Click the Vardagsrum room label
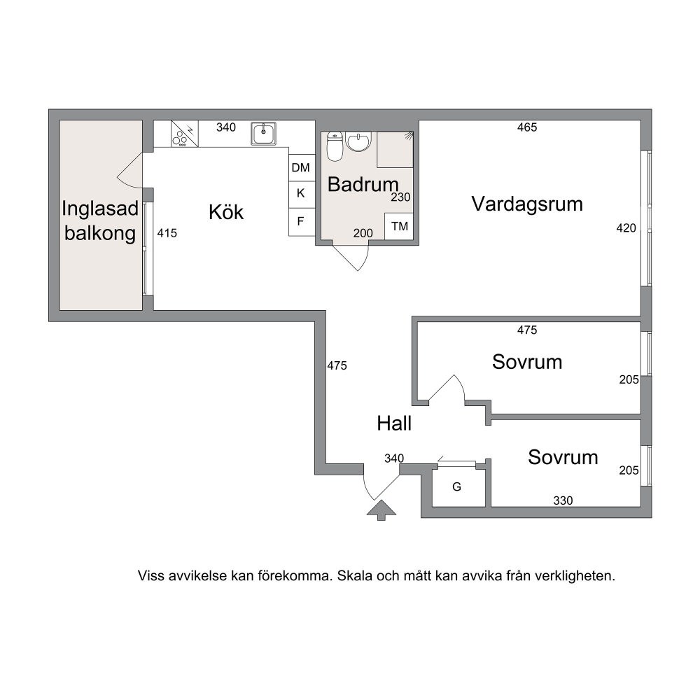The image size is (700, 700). point(527,204)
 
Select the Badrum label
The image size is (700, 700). point(363,184)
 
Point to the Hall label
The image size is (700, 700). point(393,423)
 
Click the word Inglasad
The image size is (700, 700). point(100,209)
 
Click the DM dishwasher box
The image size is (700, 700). point(301,167)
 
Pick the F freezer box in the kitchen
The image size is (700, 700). point(301,221)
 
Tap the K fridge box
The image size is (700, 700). point(301,194)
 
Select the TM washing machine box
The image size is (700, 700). point(399,226)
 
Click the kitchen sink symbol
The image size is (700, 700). point(263,134)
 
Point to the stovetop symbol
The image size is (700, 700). point(184,134)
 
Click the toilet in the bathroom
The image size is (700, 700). point(334,146)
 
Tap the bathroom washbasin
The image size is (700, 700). point(358,141)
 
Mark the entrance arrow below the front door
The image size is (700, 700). point(381,510)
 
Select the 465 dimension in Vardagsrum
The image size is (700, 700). point(527,127)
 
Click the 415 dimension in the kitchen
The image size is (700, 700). point(167,232)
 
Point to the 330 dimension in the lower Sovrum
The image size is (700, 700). point(563,500)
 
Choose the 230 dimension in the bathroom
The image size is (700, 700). point(400,197)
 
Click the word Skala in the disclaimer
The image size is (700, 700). point(355,575)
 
